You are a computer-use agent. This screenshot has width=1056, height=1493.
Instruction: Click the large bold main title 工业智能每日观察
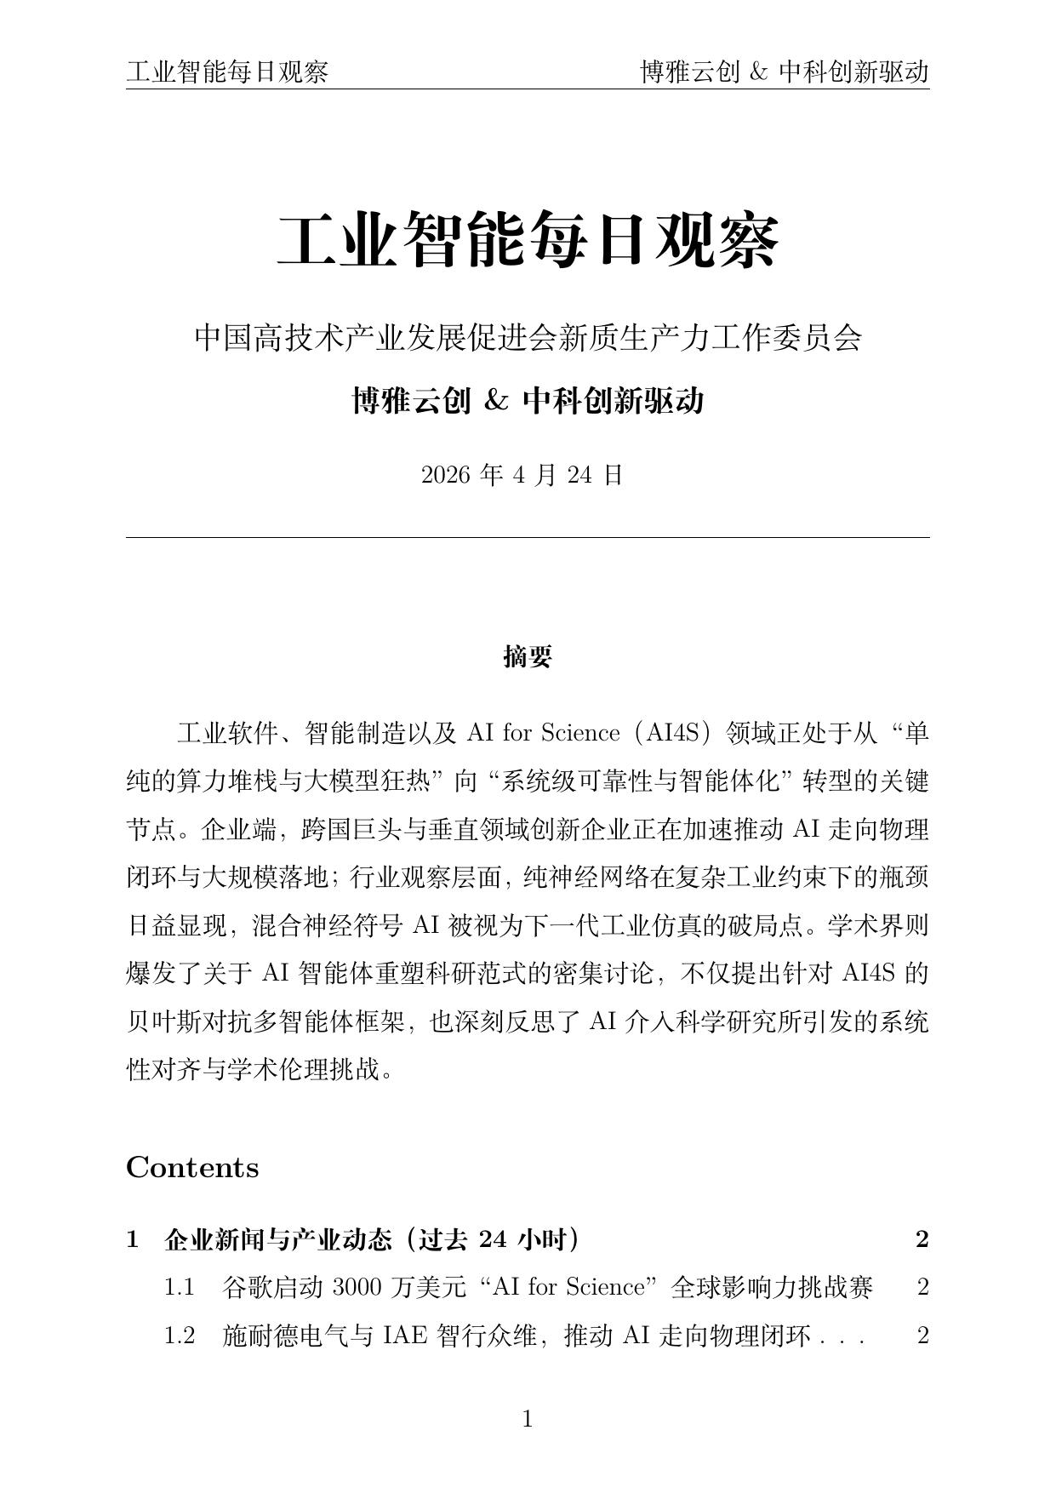[x=528, y=242]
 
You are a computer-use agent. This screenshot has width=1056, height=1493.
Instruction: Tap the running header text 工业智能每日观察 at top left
[x=227, y=72]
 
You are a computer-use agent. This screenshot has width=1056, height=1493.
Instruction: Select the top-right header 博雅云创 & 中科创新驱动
[x=784, y=72]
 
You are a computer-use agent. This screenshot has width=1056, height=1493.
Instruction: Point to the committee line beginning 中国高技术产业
[x=528, y=338]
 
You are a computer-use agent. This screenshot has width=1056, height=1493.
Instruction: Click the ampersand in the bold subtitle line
[x=495, y=400]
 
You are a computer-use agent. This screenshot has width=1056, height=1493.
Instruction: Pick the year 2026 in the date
[x=446, y=475]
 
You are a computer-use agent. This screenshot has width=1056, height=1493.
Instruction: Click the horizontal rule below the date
[x=528, y=537]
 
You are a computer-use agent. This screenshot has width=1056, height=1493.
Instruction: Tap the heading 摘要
[x=528, y=656]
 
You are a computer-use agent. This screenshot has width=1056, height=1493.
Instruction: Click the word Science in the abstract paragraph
[x=580, y=733]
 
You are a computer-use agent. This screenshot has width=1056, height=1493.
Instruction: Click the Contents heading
[x=192, y=1167]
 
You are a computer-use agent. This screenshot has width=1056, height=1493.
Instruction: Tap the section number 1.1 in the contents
[x=180, y=1288]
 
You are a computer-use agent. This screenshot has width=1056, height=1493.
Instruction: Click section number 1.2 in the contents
[x=180, y=1336]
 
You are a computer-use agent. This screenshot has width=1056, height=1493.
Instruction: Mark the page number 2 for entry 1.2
[x=922, y=1336]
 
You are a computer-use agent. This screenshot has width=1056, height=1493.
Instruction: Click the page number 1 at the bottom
[x=527, y=1419]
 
